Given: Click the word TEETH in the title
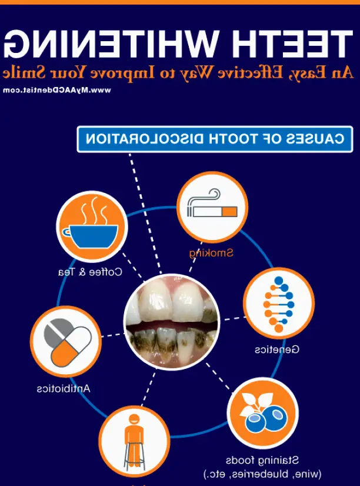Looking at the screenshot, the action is (x=293, y=43).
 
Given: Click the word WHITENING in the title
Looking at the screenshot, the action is (x=110, y=43).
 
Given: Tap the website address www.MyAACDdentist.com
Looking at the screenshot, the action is (x=56, y=90).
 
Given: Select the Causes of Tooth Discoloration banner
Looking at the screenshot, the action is (x=215, y=139).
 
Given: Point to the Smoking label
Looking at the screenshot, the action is (x=211, y=253).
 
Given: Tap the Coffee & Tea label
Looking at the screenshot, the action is (x=90, y=272).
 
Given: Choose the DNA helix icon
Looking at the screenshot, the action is (x=278, y=304).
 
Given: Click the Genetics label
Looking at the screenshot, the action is (x=277, y=349).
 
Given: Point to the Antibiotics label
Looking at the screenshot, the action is (x=64, y=388).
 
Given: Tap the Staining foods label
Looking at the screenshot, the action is (x=262, y=461).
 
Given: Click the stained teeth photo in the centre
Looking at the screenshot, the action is (x=171, y=321).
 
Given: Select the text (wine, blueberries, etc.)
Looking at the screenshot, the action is (x=262, y=474).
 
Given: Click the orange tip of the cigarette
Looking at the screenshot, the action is (x=229, y=212).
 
